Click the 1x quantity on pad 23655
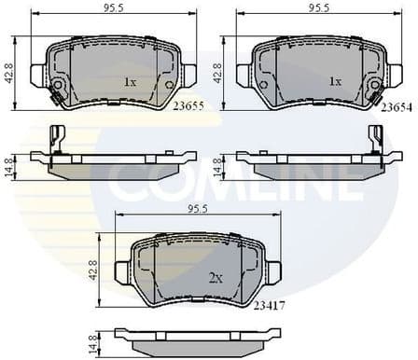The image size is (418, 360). (130, 82)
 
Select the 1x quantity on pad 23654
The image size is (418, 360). (333, 82)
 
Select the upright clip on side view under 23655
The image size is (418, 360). (56, 138)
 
